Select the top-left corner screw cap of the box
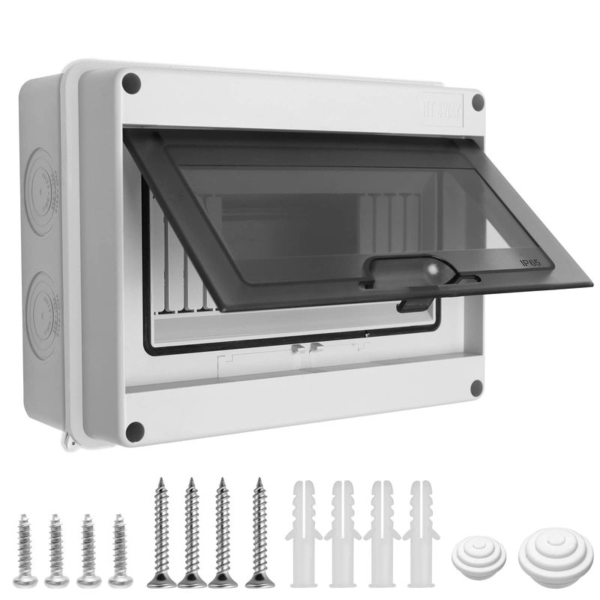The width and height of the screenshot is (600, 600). [132, 83]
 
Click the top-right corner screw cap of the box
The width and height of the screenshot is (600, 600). [477, 103]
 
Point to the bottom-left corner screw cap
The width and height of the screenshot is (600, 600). [135, 430]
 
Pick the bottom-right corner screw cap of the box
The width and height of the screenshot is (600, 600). [475, 387]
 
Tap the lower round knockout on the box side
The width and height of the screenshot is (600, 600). [45, 304]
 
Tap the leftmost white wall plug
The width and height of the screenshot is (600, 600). [303, 532]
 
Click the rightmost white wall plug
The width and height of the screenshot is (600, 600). [420, 532]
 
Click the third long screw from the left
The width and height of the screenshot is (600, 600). [223, 532]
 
